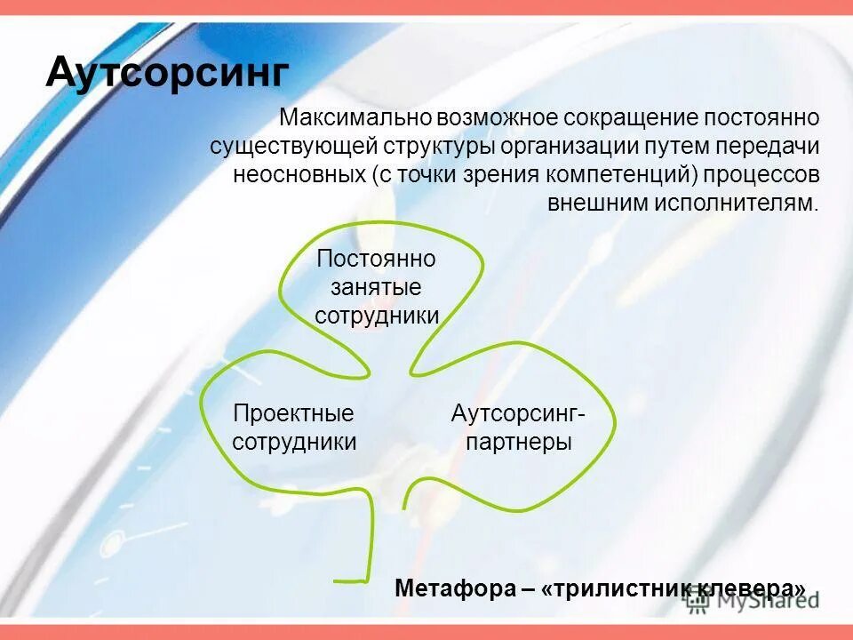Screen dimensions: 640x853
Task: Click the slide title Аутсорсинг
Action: tap(168, 71)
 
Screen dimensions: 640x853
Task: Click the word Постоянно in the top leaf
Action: tap(377, 260)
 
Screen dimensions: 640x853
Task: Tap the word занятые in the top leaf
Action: tap(377, 288)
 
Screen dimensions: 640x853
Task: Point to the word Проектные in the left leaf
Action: tap(293, 413)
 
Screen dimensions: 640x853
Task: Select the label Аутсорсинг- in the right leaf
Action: tap(518, 413)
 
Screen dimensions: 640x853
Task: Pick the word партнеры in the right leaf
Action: tap(518, 442)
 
